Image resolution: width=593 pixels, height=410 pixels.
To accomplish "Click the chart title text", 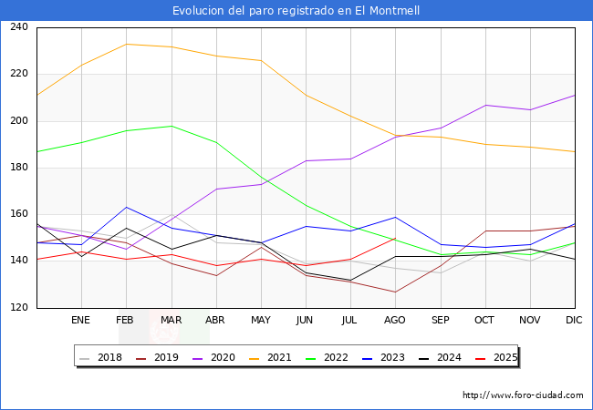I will [x=296, y=10].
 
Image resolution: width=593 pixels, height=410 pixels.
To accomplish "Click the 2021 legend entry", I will [x=279, y=357].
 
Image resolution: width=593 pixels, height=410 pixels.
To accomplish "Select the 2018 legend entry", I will [x=108, y=357].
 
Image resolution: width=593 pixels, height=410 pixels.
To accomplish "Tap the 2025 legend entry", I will [x=505, y=357].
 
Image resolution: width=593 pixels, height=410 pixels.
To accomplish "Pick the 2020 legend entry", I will [x=222, y=357].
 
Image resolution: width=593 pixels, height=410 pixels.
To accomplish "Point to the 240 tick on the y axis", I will [x=19, y=27].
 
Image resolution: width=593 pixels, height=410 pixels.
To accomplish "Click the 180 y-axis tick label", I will [x=19, y=168].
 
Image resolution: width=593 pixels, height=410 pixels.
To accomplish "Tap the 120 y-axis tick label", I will [x=19, y=308].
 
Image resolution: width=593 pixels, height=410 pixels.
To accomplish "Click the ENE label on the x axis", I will [x=81, y=321].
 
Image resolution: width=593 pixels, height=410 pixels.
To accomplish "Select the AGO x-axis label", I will [x=395, y=321].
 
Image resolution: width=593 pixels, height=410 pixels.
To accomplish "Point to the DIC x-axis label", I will [x=575, y=321].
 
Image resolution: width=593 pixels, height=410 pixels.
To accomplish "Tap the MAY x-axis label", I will [x=261, y=321].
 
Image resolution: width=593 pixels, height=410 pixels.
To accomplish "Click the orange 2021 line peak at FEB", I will [x=126, y=44].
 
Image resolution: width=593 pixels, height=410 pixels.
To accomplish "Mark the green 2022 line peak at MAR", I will [x=171, y=126].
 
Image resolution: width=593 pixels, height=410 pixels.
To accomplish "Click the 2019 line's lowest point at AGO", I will [x=395, y=292].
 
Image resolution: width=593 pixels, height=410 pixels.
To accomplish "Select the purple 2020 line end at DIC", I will [x=575, y=95].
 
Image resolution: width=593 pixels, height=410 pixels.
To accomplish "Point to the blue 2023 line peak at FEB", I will [x=126, y=207].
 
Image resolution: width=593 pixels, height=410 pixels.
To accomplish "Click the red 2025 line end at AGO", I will [x=395, y=238].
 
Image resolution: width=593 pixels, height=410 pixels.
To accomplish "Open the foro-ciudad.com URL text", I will [x=523, y=395].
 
